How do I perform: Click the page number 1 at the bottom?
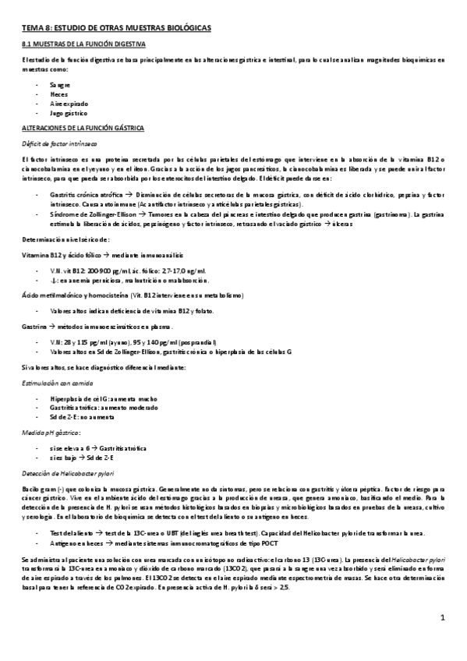coord(442,641)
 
